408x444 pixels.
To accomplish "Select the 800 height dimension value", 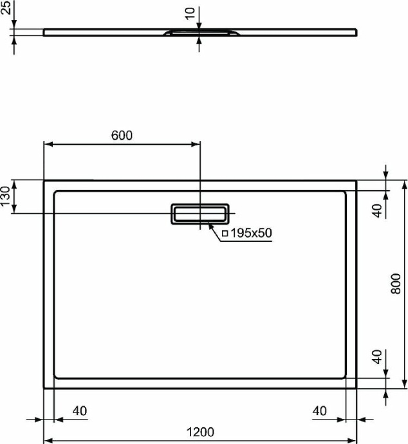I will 396,284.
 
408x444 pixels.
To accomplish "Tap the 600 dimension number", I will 122,135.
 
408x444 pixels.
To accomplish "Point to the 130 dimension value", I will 5,196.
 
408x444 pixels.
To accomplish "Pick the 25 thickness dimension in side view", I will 5,15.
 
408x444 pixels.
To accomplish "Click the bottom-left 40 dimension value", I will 79,411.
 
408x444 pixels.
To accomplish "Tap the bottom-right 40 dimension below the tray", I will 320,411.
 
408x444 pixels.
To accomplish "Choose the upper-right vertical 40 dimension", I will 378,209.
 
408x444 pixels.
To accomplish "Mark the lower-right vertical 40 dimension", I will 378,358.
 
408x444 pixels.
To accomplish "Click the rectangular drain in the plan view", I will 199,213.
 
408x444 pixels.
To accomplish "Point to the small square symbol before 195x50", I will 225,234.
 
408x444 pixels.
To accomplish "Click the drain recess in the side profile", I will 200,32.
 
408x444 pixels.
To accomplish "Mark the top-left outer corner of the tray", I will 44,181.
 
